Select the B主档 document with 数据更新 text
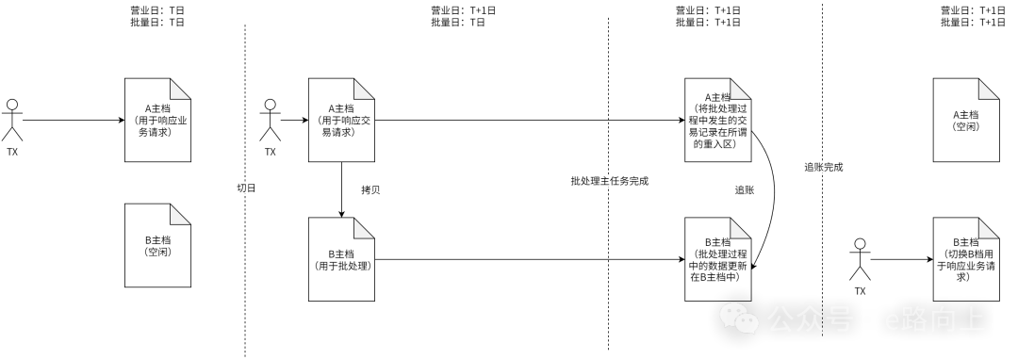pos(717,259)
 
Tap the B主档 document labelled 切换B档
pos(965,259)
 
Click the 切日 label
pos(246,188)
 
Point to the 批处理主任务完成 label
pos(609,181)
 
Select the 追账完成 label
pos(823,167)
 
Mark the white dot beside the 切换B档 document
pos(860,244)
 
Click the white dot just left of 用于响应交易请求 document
pos(271,105)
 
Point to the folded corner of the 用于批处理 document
pos(366,227)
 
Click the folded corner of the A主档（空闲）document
pos(990,88)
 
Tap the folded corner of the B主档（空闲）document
pos(182,213)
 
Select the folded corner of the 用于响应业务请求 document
pos(182,88)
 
